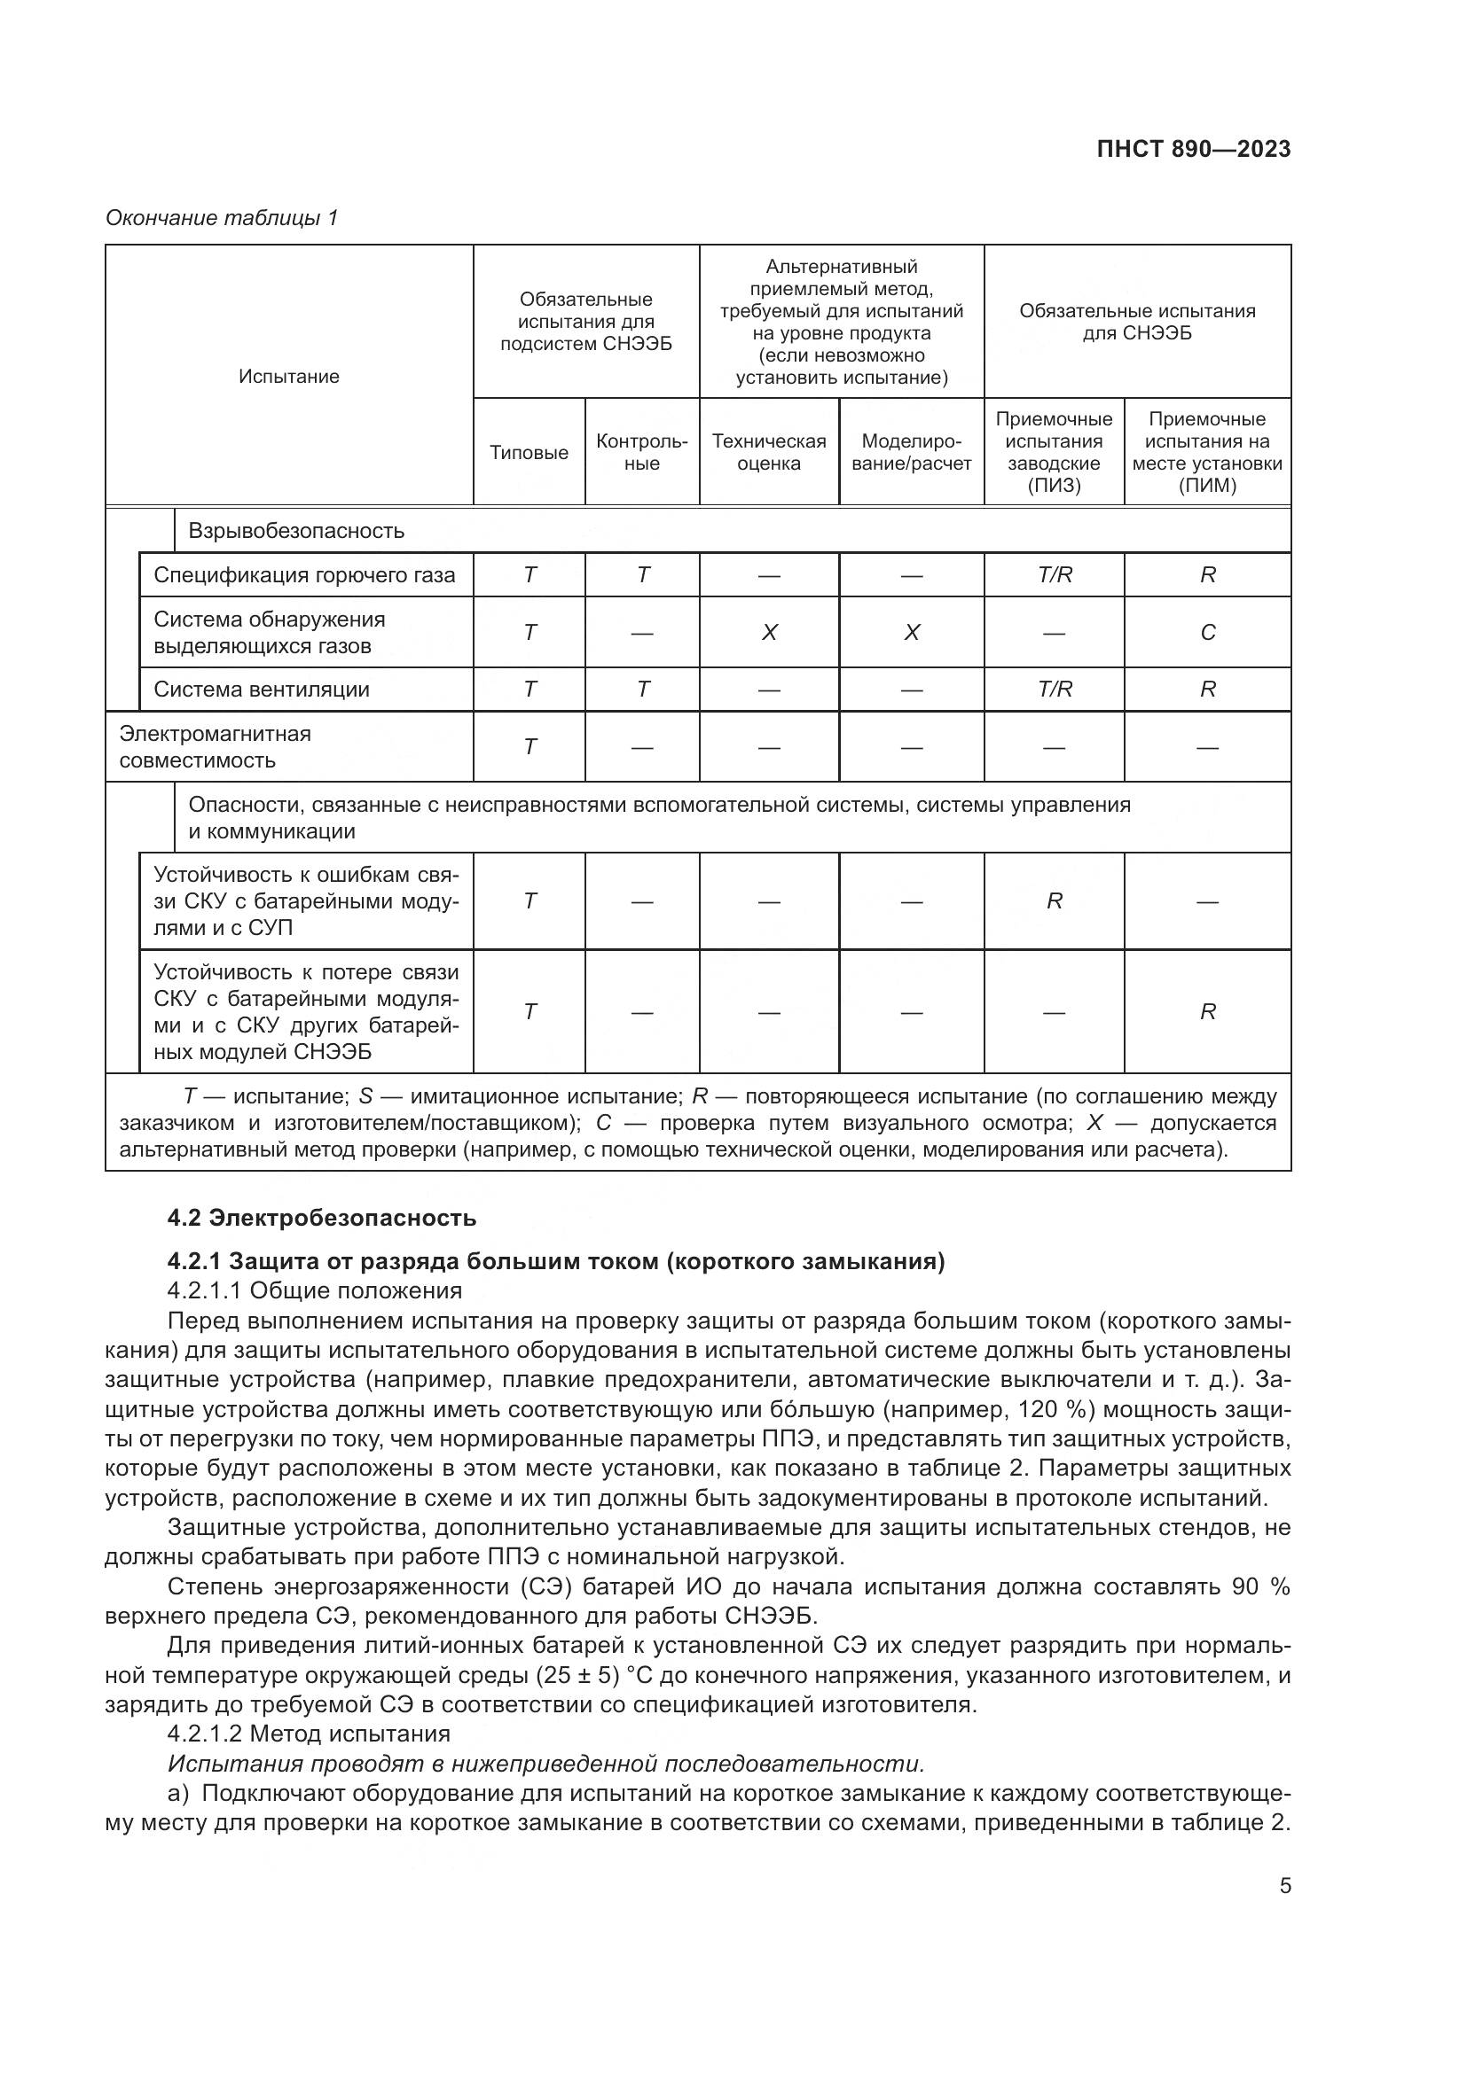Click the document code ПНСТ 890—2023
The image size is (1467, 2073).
(1193, 150)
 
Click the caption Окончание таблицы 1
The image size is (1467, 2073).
(222, 218)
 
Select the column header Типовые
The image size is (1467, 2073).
(529, 453)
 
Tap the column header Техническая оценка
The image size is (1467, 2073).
(769, 452)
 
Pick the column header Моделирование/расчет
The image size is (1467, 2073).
(912, 452)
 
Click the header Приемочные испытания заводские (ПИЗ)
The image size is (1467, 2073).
(1054, 451)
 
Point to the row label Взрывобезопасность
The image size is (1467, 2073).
(296, 531)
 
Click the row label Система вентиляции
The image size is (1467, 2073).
(261, 690)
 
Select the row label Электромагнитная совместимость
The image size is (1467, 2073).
(215, 746)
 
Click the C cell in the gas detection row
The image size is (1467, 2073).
(1207, 633)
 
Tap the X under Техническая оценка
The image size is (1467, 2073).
(769, 633)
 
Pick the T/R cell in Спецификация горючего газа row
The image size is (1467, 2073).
(1055, 575)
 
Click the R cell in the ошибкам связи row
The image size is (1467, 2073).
(1055, 901)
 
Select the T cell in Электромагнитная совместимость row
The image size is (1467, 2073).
(530, 746)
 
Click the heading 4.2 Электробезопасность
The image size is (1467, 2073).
(322, 1218)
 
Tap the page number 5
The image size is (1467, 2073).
(1284, 1886)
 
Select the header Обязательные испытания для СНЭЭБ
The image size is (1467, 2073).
(1136, 323)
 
